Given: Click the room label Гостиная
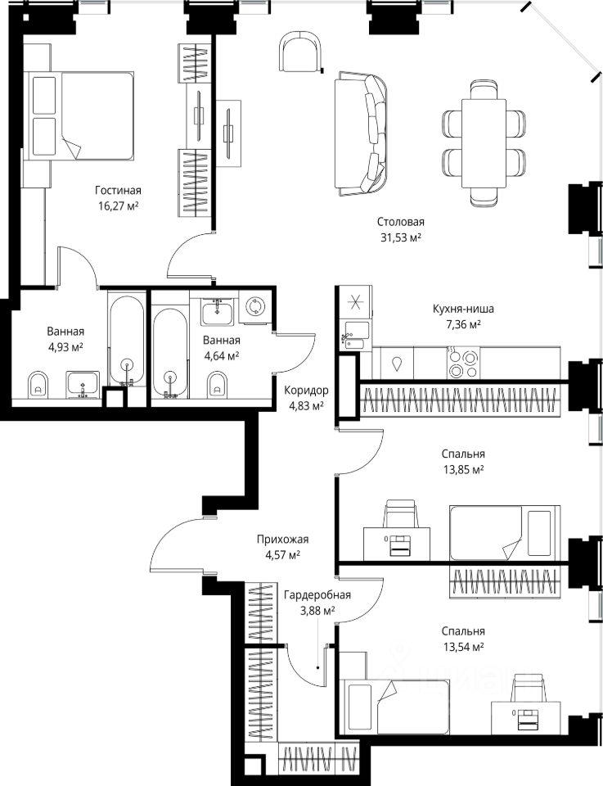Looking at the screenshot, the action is tap(118, 191).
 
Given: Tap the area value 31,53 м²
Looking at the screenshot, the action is tap(401, 237).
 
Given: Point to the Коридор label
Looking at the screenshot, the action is tap(307, 390).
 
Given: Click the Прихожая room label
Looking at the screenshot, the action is tap(282, 540).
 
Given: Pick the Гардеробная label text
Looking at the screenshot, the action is tap(317, 595).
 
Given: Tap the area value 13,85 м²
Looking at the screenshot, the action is tap(463, 470).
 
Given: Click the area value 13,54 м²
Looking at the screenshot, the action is tap(463, 647).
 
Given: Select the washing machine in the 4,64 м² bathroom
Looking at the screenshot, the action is tap(255, 306).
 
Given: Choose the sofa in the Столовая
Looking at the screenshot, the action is tap(361, 134).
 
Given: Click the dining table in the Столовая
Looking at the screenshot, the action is tap(484, 143).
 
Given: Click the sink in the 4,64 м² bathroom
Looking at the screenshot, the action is tap(217, 312).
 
